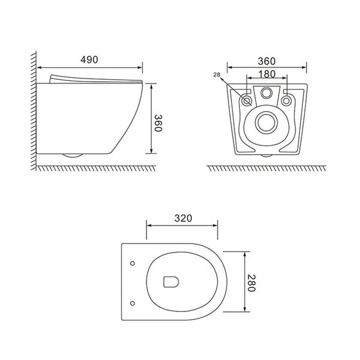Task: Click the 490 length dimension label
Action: click(x=89, y=59)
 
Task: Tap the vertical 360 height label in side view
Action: click(x=158, y=123)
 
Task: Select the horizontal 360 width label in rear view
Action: click(x=266, y=61)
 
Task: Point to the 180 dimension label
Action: click(x=267, y=74)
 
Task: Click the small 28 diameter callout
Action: click(x=217, y=74)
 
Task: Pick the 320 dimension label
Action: click(x=183, y=218)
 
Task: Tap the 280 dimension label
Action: click(x=251, y=283)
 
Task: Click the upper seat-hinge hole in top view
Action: click(x=133, y=263)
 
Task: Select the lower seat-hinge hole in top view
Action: click(x=133, y=303)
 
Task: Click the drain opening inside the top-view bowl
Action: click(x=171, y=282)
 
